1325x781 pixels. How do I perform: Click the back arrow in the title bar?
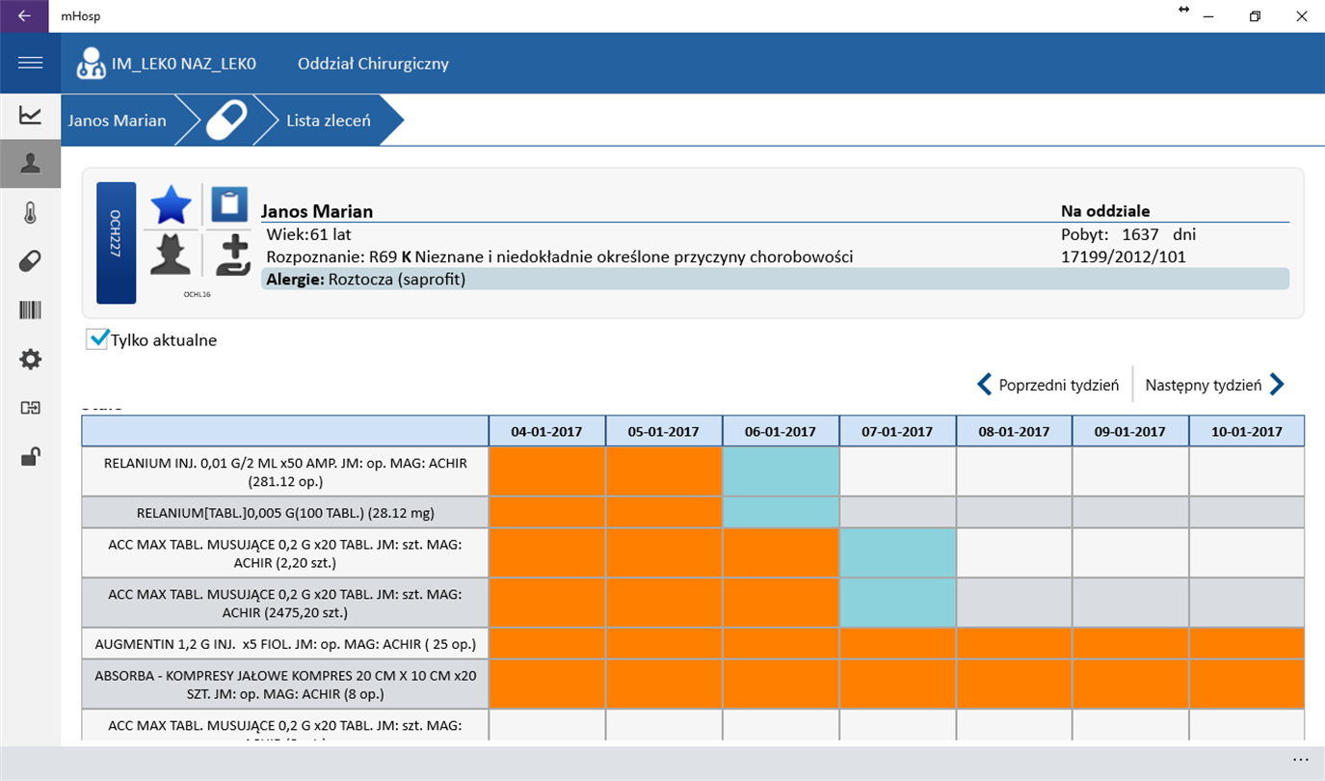(24, 16)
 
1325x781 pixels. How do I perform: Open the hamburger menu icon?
(30, 63)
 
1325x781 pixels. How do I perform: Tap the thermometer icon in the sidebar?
(31, 213)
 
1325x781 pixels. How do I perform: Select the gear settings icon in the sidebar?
(31, 360)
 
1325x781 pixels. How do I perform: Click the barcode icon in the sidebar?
(31, 310)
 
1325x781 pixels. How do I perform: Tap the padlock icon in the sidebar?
(31, 457)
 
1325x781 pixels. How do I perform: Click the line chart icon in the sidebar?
(31, 116)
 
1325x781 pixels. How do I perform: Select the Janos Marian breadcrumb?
(117, 121)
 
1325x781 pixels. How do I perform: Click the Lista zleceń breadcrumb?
(328, 121)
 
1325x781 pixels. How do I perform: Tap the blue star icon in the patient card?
(172, 205)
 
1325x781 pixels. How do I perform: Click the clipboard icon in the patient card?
(229, 204)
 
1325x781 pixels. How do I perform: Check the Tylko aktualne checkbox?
(97, 339)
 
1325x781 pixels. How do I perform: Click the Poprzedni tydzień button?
(1048, 385)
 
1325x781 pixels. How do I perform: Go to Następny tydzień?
(1214, 385)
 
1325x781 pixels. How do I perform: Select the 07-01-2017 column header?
(897, 431)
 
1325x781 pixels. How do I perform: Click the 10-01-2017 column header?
(1246, 431)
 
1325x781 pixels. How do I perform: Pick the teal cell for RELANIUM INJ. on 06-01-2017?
(781, 471)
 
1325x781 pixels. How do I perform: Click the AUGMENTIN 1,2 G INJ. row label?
(285, 643)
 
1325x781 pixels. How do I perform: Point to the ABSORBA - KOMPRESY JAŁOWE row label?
(285, 684)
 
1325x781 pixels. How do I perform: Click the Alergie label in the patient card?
(295, 280)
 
